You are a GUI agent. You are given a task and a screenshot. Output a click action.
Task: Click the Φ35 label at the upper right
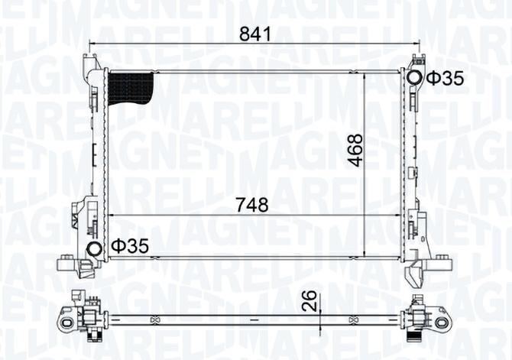point(445,78)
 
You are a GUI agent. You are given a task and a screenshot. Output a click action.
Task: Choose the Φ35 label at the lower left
point(128,245)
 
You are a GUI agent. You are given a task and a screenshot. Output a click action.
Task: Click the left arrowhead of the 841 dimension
point(93,44)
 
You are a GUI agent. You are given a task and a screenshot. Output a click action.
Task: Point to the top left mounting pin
point(92,60)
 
